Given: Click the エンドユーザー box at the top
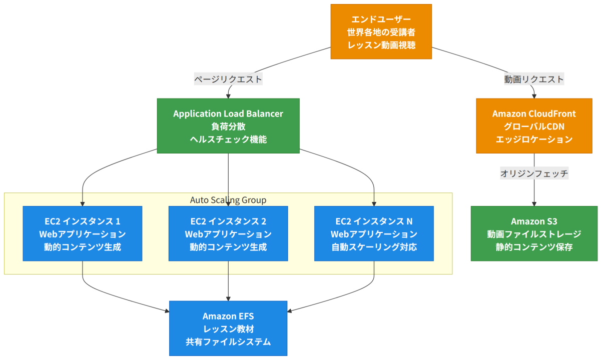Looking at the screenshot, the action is pos(381,31).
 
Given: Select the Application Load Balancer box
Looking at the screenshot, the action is pos(228,126).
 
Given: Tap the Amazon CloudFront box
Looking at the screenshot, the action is pos(534,126).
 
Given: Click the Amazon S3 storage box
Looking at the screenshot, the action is pos(534,233).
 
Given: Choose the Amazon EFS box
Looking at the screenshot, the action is pos(228,328).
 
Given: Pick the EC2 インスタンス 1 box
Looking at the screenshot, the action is pos(83,233).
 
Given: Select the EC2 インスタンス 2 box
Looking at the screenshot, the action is pos(228,233).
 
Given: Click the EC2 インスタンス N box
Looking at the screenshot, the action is pos(374,233).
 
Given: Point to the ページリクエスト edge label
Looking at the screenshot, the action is pos(228,79).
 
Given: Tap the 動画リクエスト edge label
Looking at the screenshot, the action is pos(534,79).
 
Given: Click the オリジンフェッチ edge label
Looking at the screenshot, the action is pos(534,173).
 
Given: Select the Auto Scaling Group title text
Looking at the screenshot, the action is pos(228,200).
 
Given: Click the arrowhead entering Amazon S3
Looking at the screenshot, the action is pos(534,204).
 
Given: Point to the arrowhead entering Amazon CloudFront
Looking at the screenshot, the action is pos(534,96).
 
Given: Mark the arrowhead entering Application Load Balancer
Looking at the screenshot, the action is pos(228,96).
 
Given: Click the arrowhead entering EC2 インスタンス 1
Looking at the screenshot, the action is pos(83,204).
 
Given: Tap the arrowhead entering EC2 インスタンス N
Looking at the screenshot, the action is pos(374,204).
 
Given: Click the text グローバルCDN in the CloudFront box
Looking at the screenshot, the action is pos(534,126).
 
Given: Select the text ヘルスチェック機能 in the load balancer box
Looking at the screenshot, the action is pos(228,139).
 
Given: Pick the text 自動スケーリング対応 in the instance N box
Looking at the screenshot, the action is pos(374,247).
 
